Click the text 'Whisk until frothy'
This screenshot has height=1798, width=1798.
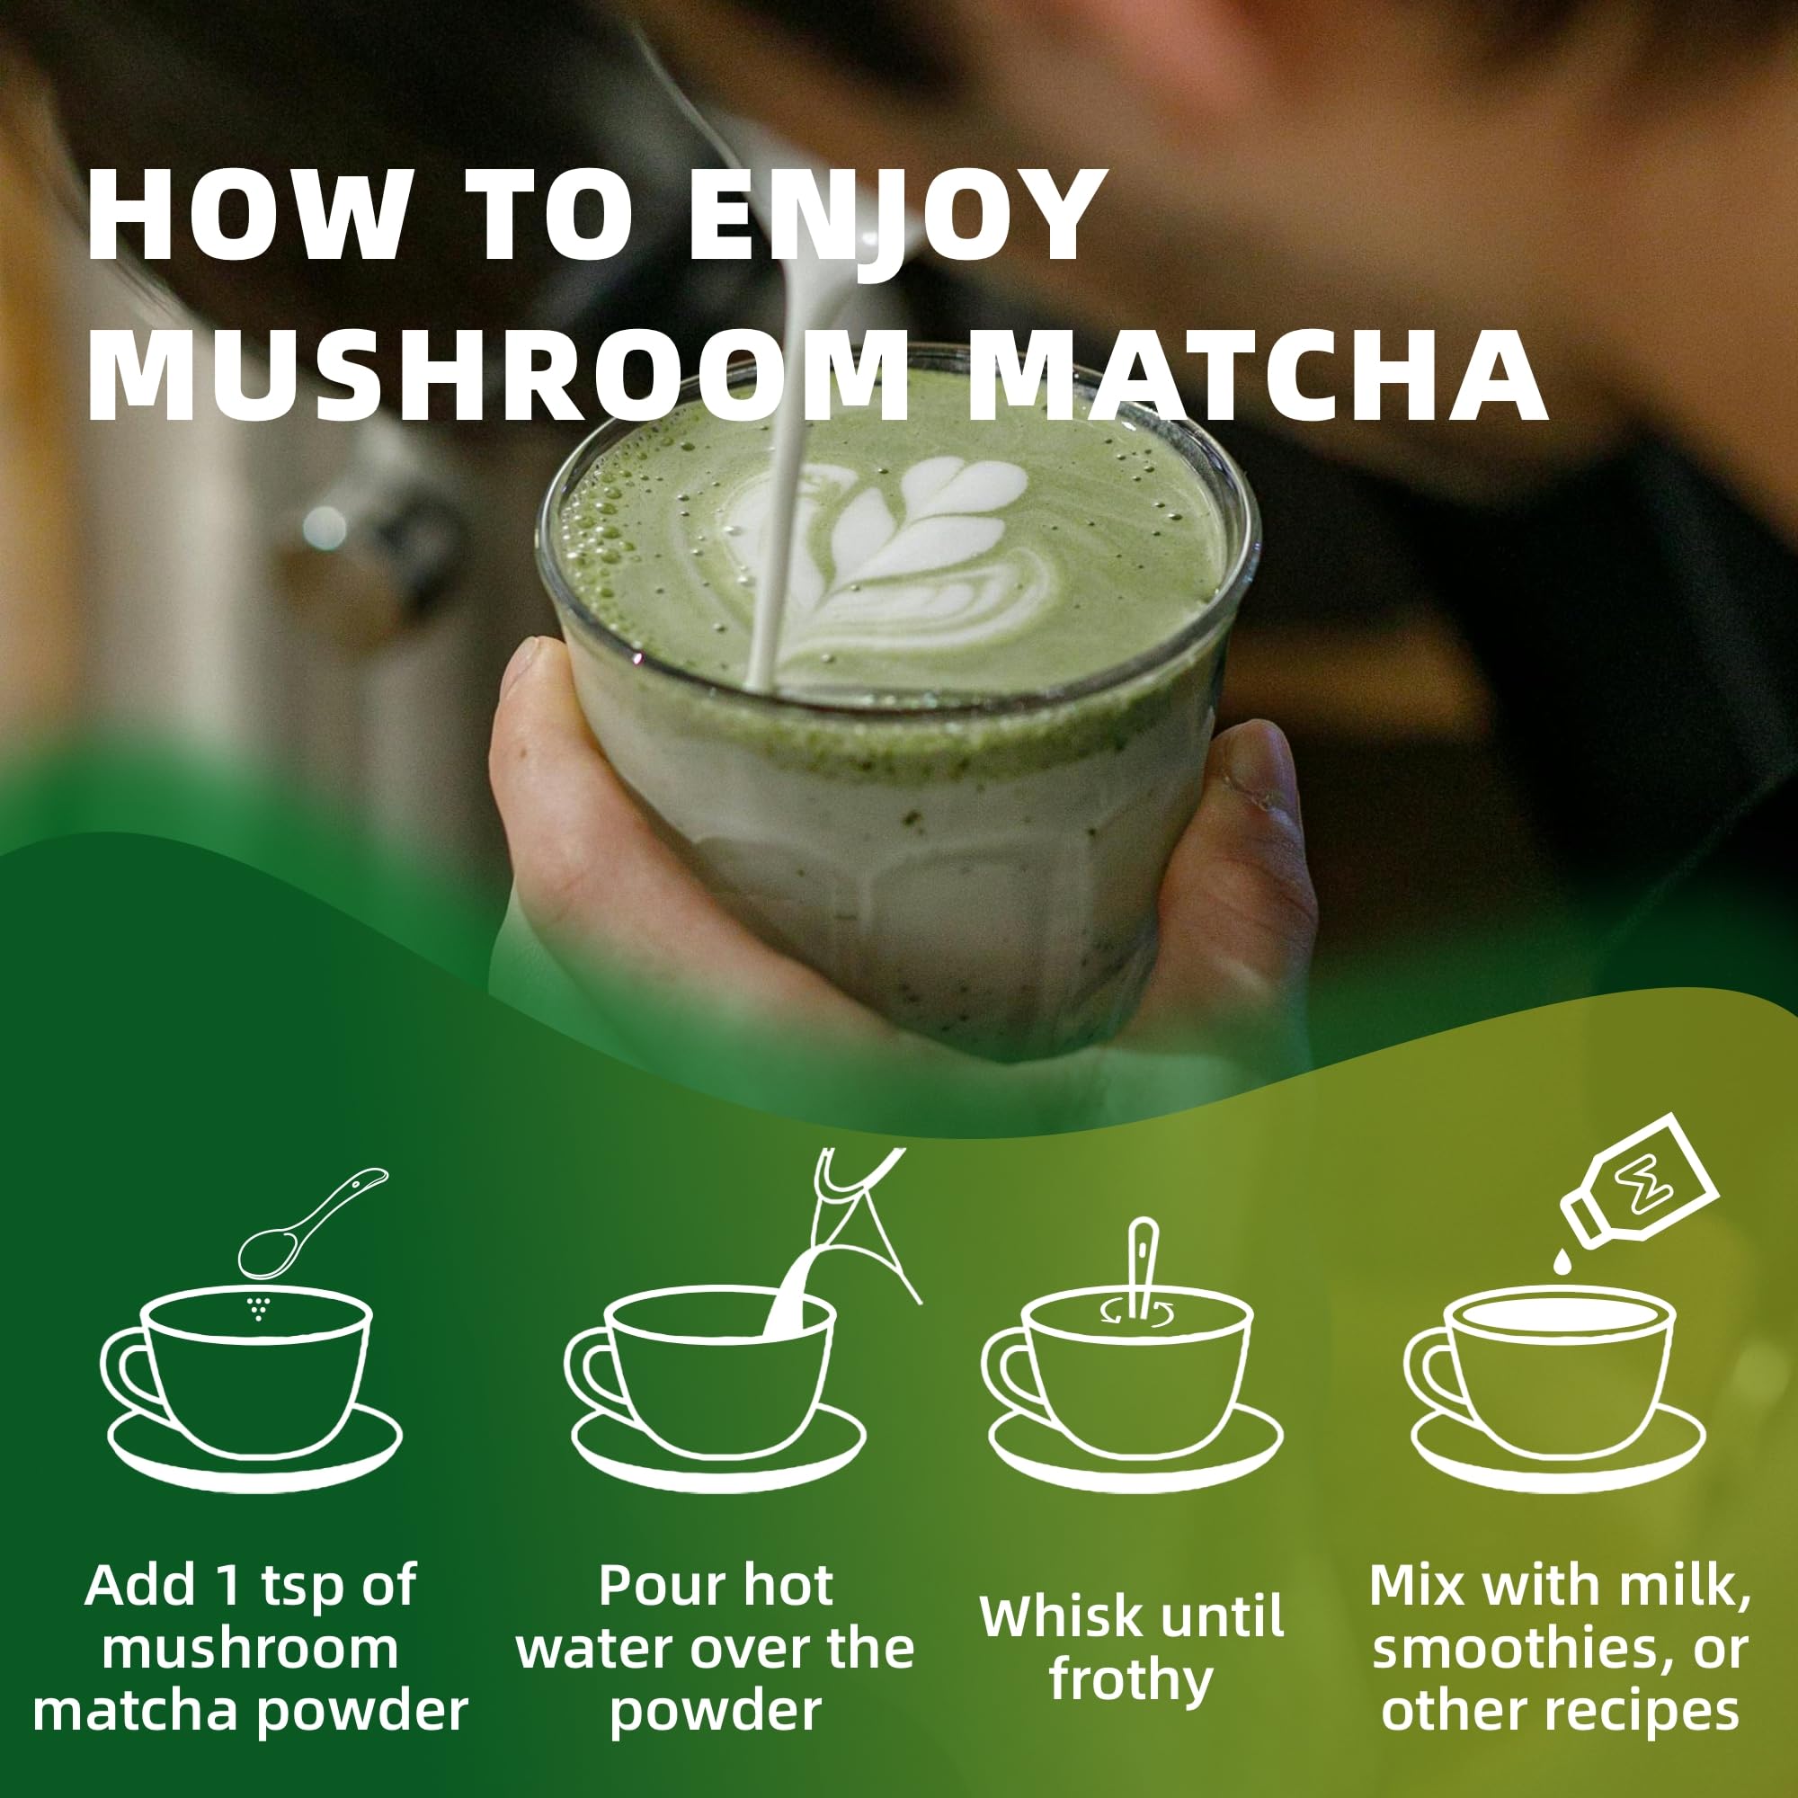point(1132,1647)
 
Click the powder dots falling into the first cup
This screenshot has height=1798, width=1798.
point(258,1308)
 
